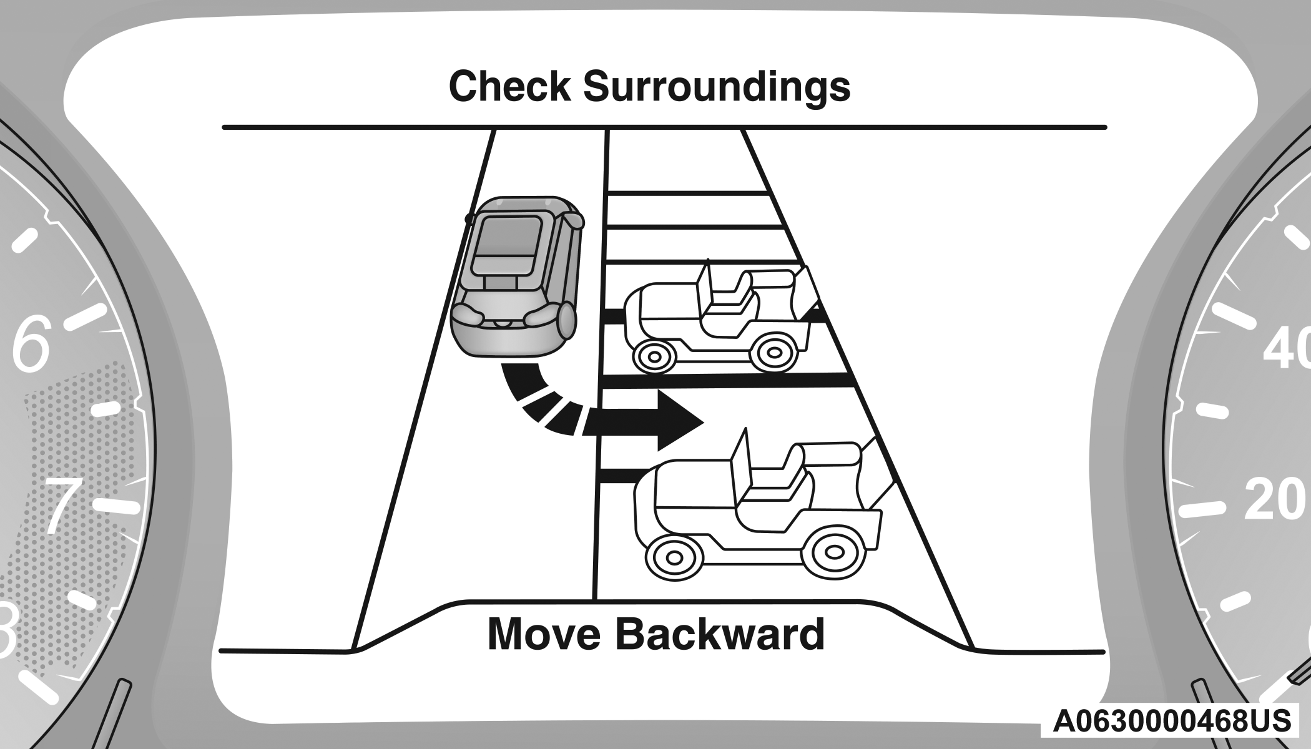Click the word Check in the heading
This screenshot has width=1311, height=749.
509,87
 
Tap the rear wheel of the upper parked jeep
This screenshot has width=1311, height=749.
774,353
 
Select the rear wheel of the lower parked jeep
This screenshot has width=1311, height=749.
833,552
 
